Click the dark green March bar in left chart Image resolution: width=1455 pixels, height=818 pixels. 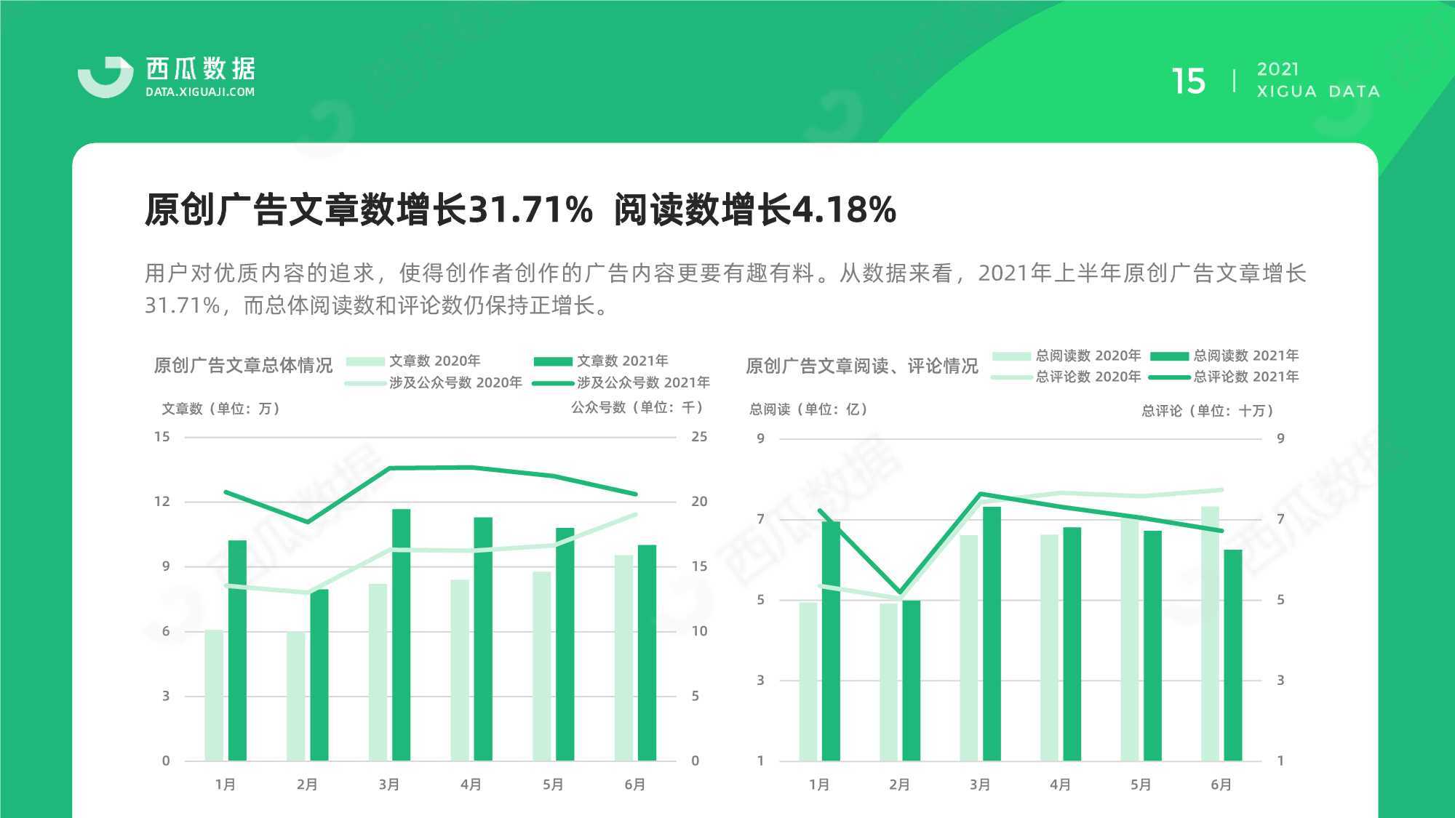tap(401, 635)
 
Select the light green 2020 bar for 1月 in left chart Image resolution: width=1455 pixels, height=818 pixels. tap(214, 695)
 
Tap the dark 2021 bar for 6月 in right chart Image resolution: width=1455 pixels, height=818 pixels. tap(1232, 655)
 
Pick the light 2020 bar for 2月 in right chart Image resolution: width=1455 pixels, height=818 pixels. tap(888, 682)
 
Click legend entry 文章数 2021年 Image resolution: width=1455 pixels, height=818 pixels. tap(601, 361)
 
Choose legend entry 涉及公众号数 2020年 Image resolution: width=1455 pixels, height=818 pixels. tap(434, 382)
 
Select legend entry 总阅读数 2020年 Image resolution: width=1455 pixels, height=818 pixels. tap(1067, 356)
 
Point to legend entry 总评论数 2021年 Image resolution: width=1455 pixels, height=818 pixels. tap(1224, 377)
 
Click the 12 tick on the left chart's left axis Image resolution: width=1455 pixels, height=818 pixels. tap(162, 502)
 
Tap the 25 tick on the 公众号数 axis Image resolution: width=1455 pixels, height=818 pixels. tap(699, 437)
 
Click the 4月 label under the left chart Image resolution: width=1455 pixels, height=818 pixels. tap(471, 785)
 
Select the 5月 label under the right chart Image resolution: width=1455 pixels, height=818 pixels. tap(1141, 785)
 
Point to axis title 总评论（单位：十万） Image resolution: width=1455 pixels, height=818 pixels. tap(1207, 411)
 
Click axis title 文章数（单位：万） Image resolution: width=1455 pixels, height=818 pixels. tap(220, 409)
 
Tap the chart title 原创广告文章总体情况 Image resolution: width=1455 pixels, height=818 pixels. tap(243, 365)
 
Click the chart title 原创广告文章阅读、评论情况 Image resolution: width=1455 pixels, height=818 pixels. tap(862, 366)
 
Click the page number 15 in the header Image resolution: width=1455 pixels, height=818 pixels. tap(1188, 81)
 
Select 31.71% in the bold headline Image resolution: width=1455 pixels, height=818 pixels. tap(530, 209)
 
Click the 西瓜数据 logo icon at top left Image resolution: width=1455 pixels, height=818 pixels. tap(105, 77)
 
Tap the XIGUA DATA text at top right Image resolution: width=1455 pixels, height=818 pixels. tap(1318, 92)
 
